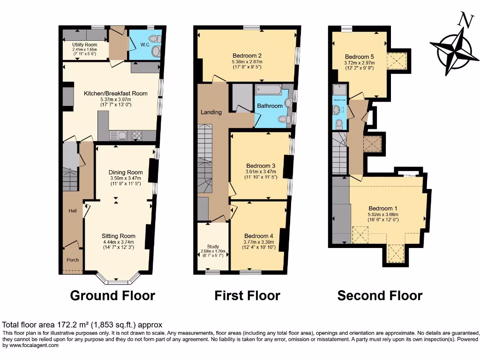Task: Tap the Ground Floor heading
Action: pos(112,295)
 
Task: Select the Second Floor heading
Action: pos(380,295)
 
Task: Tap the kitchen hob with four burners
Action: pos(137,135)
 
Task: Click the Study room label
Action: pos(213,247)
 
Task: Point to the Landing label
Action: pos(211,112)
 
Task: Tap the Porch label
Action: pos(72,260)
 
